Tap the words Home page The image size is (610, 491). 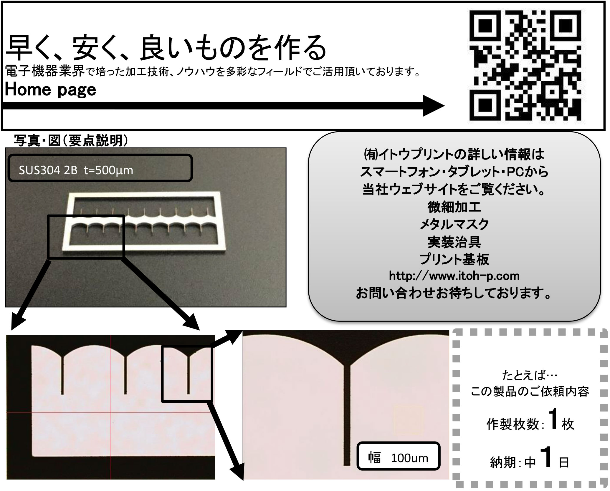click(x=51, y=90)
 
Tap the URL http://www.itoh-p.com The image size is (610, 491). click(x=454, y=276)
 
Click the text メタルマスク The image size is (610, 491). click(x=454, y=225)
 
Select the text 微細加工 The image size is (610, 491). click(x=454, y=207)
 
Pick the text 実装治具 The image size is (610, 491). click(x=454, y=242)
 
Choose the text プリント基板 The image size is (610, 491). click(x=454, y=259)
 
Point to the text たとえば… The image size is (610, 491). click(x=529, y=376)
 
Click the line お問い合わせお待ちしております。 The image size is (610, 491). click(x=454, y=293)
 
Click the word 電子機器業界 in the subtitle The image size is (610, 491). click(x=45, y=71)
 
